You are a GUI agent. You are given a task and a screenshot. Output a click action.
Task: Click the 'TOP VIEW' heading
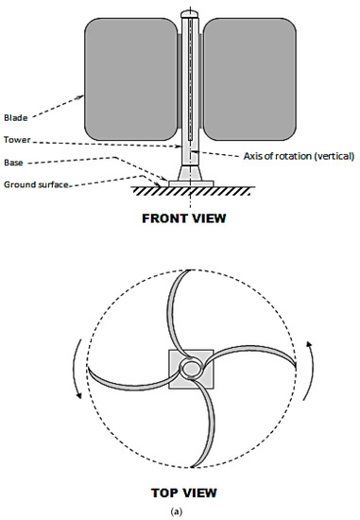pos(186,491)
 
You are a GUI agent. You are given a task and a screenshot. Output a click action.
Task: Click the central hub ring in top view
pos(192,368)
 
